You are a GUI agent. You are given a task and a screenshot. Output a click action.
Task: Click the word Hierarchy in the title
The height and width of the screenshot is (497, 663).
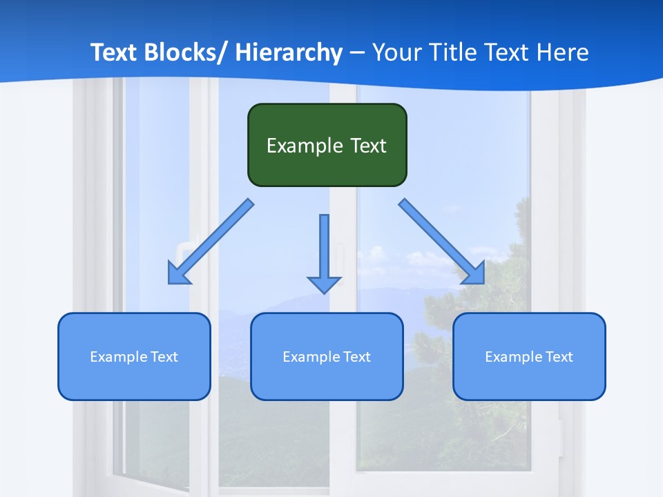click(289, 52)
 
